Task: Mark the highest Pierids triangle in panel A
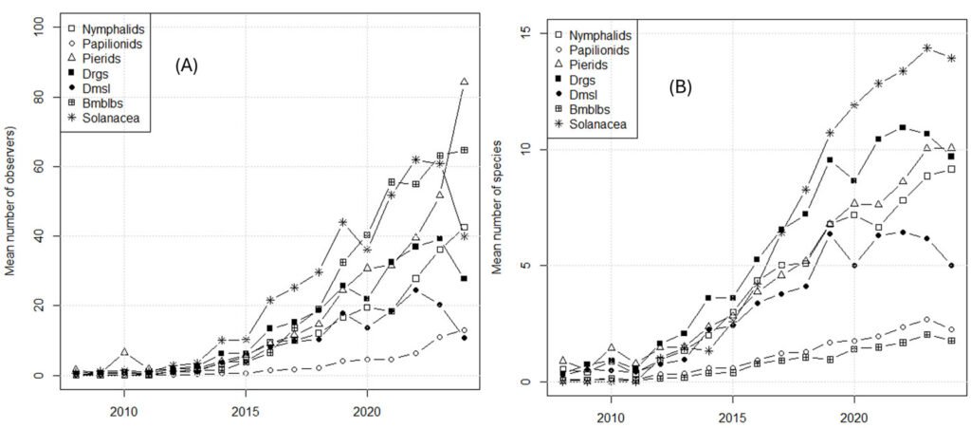464,82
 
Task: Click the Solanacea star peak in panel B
926,47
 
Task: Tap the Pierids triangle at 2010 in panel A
123,352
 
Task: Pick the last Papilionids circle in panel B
951,329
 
